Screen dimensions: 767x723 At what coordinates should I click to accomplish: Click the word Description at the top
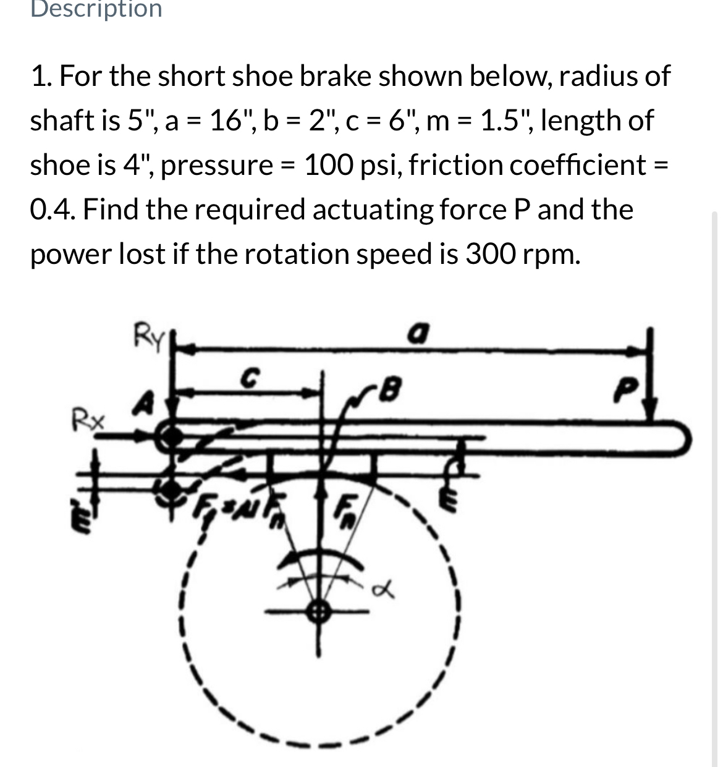pyautogui.click(x=96, y=9)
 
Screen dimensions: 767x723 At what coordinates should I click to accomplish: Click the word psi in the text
pyautogui.click(x=379, y=165)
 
